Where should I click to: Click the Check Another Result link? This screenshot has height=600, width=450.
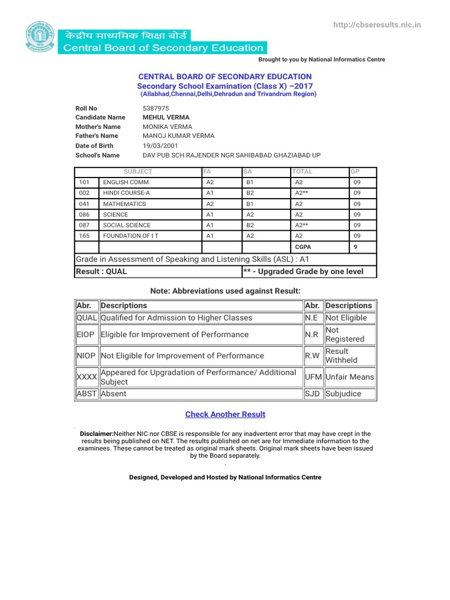[225, 414]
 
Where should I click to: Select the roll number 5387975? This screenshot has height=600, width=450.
[156, 108]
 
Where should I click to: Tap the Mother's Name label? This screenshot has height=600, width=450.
[98, 127]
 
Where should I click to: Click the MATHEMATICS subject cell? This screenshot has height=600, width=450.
[124, 204]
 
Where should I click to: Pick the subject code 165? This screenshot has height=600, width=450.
[84, 236]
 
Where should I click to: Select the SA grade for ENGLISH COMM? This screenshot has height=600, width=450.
[249, 183]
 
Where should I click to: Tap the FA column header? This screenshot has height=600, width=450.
[206, 172]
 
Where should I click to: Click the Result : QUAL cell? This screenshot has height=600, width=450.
[101, 271]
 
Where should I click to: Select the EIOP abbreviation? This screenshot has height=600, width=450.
[86, 335]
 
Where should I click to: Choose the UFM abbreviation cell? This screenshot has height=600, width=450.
[313, 377]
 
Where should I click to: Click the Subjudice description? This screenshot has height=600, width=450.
[343, 394]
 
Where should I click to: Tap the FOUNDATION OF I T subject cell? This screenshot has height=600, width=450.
[131, 236]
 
